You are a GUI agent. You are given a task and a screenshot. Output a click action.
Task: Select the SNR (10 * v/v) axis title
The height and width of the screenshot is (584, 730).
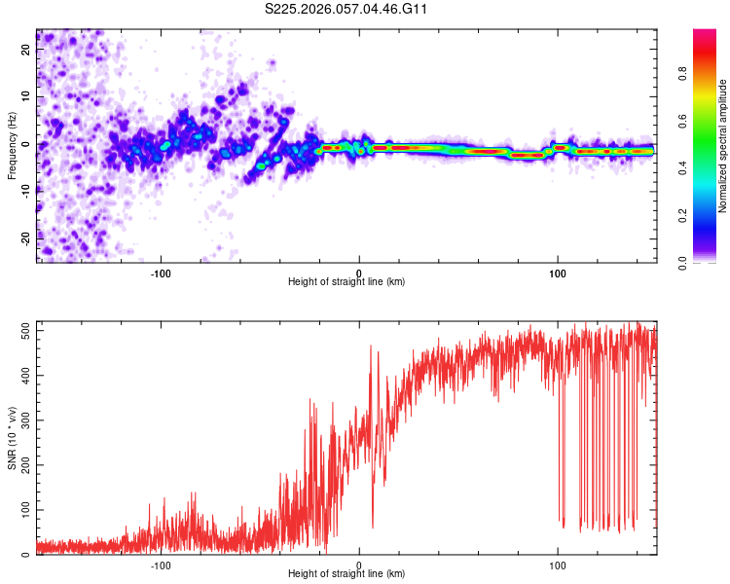[12, 438]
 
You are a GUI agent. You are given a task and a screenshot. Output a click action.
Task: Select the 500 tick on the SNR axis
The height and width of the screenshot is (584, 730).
[20, 330]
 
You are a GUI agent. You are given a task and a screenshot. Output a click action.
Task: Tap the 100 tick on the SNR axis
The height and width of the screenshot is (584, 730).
[20, 510]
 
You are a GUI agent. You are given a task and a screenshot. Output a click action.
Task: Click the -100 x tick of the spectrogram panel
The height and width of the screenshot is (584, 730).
[161, 273]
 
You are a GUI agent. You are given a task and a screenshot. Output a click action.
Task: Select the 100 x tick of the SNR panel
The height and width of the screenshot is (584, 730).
[558, 565]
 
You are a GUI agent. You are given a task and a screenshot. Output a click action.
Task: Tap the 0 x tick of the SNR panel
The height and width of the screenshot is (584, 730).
[359, 565]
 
